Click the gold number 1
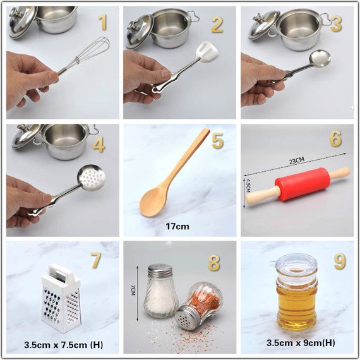(x=102, y=23)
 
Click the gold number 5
(x=217, y=141)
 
